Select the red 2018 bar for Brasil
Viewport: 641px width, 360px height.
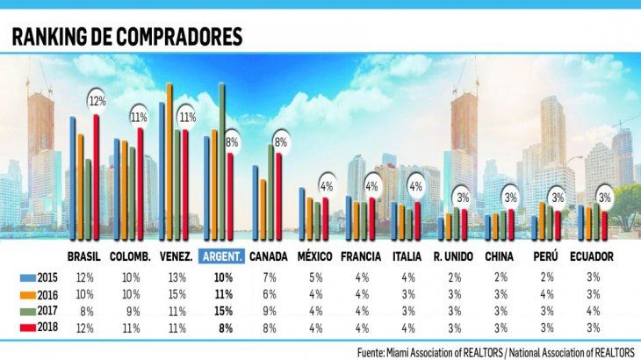pos(96,167)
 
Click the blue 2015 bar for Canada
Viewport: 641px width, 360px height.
pos(255,203)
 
